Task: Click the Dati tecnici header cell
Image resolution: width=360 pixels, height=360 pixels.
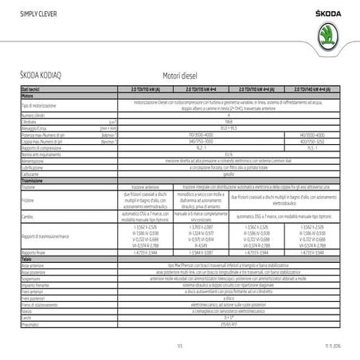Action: pyautogui.click(x=30, y=90)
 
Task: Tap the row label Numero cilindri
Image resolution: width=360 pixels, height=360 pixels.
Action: pyautogui.click(x=35, y=115)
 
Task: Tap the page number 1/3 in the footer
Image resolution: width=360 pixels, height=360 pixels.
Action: pyautogui.click(x=180, y=344)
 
